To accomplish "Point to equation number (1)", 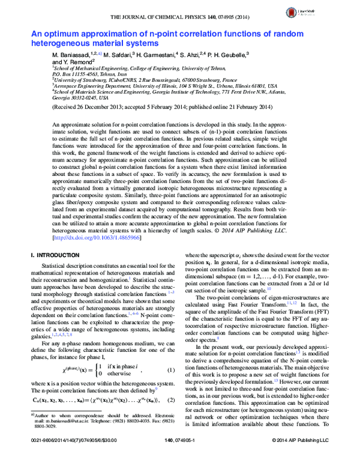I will pyautogui.click(x=170, y=336).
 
